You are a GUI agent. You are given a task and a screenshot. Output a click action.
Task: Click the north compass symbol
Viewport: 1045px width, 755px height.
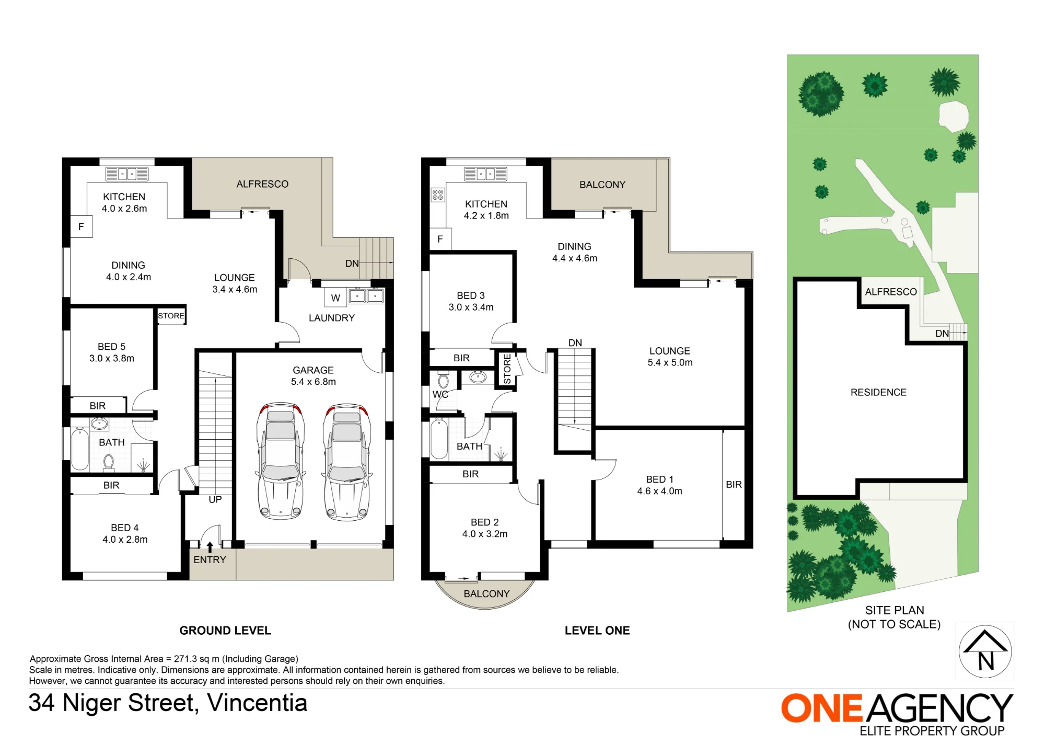click(985, 651)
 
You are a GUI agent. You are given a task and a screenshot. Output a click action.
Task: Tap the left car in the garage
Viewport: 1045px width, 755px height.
click(281, 461)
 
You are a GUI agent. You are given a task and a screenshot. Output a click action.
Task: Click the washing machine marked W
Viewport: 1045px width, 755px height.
click(335, 298)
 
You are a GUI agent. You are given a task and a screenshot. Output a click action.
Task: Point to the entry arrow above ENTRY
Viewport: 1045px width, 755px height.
click(210, 547)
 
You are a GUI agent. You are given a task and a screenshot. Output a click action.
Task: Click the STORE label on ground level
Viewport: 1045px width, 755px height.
click(171, 316)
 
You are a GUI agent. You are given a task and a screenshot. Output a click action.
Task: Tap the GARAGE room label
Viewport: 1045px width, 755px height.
click(313, 370)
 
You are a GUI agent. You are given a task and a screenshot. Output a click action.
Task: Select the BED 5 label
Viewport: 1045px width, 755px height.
click(111, 347)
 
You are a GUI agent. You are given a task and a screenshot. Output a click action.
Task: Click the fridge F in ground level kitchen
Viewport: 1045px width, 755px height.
click(81, 226)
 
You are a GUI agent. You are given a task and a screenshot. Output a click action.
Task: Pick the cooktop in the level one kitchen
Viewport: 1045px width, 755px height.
click(438, 195)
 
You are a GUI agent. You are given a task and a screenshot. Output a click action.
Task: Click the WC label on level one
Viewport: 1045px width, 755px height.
click(440, 394)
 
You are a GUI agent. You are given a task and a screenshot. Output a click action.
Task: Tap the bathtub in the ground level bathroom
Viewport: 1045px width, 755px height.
click(80, 449)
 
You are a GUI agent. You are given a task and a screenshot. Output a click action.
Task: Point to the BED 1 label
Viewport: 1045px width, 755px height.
click(659, 479)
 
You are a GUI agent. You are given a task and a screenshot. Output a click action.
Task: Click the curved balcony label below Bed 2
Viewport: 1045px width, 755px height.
click(486, 594)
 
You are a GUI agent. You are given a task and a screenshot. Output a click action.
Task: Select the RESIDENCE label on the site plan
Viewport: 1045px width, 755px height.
click(878, 392)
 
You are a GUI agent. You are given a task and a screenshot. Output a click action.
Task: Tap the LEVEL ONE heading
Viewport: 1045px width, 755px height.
click(597, 631)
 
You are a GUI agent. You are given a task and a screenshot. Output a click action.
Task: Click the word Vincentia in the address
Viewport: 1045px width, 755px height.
click(257, 703)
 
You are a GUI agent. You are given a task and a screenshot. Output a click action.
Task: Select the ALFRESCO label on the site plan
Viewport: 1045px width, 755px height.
click(891, 292)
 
